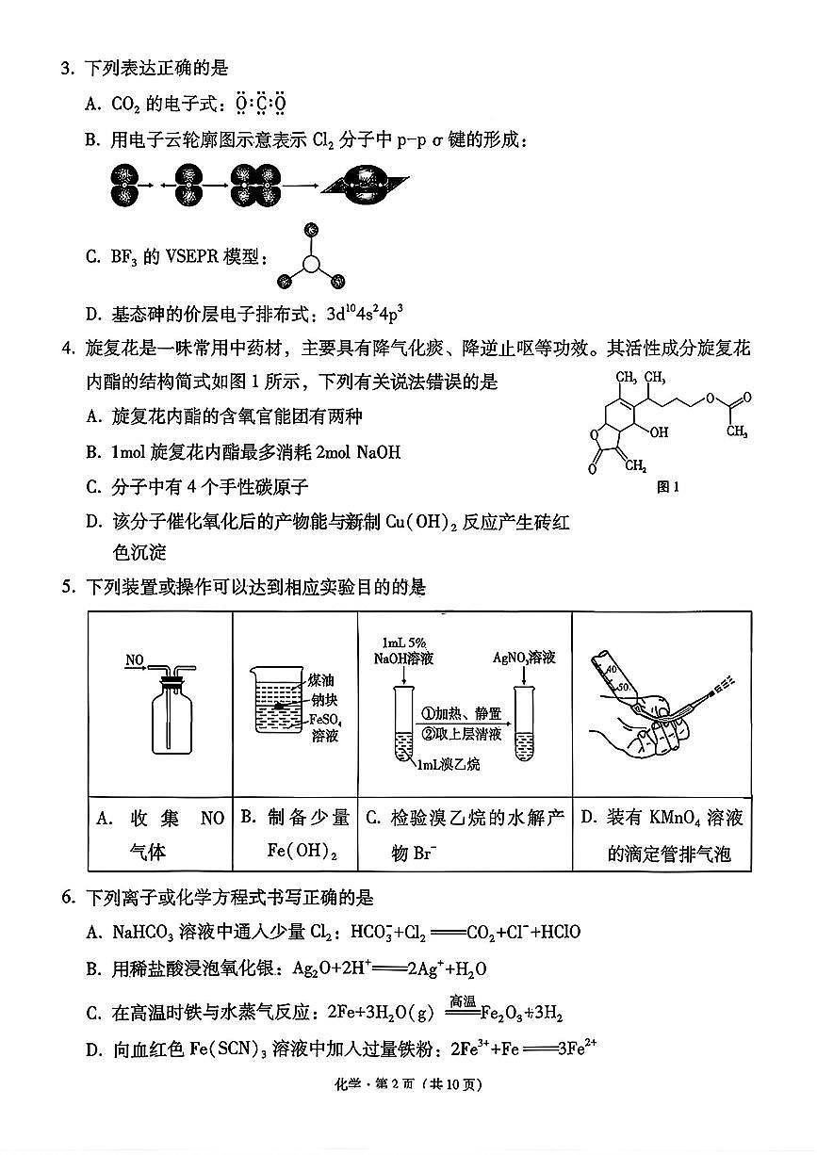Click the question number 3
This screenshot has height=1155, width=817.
pyautogui.click(x=66, y=69)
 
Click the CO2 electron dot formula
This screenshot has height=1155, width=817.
pyautogui.click(x=259, y=102)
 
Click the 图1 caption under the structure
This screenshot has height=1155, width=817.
pyautogui.click(x=667, y=487)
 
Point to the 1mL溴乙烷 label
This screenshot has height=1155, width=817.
pyautogui.click(x=449, y=764)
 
